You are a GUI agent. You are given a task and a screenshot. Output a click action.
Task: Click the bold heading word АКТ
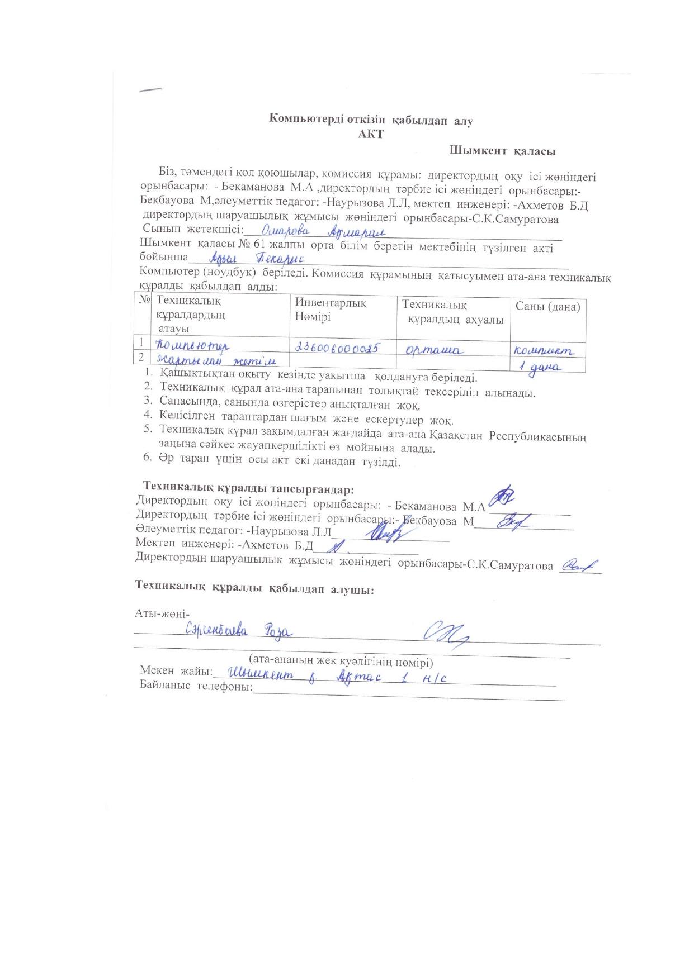click(371, 134)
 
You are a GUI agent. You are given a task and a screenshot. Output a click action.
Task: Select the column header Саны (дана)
click(547, 306)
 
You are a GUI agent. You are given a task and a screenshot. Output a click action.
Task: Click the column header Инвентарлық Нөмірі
click(331, 310)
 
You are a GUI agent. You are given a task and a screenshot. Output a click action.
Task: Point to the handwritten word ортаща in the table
click(434, 350)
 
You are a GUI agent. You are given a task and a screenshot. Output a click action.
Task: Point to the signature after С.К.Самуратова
click(579, 565)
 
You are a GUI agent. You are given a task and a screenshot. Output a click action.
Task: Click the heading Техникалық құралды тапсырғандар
click(249, 489)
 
